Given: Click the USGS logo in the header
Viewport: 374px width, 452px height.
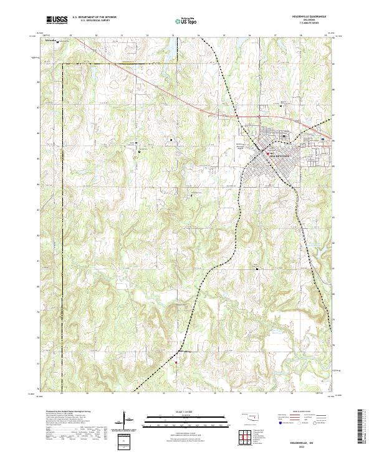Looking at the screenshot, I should [57, 21].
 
